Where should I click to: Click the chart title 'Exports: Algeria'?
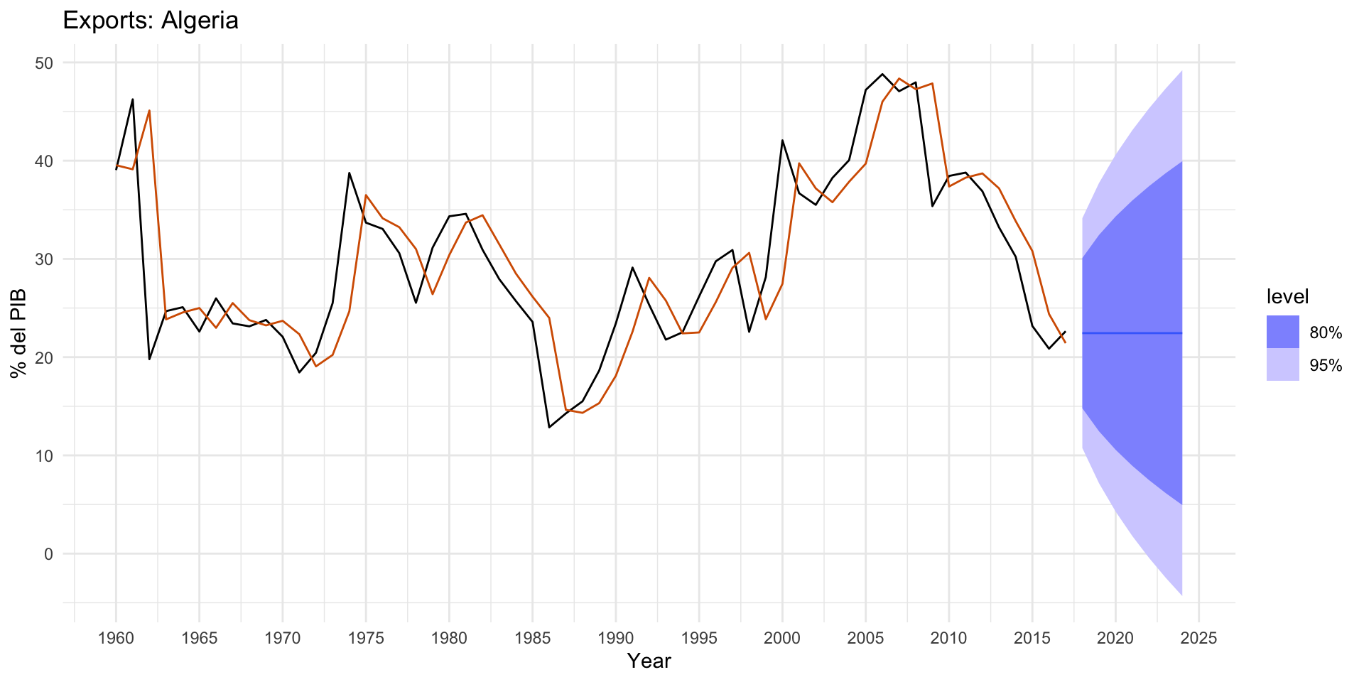point(151,20)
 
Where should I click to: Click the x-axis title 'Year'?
point(649,661)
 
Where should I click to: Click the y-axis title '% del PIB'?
point(19,332)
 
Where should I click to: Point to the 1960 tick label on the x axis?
point(116,638)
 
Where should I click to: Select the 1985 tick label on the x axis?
point(533,638)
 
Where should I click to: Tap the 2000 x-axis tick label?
point(782,638)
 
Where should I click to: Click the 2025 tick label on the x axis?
point(1199,638)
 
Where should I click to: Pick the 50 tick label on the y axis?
point(44,63)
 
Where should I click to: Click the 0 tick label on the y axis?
point(48,554)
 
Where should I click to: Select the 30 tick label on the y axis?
point(44,259)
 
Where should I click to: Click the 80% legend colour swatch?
point(1282,332)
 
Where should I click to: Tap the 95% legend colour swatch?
point(1282,364)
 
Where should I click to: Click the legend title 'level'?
point(1287,296)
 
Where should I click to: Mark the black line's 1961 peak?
point(133,99)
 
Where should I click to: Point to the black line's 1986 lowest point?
point(549,427)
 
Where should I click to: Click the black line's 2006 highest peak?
point(882,74)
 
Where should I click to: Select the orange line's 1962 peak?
point(149,111)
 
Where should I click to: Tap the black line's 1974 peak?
point(350,173)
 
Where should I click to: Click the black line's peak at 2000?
point(782,140)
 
